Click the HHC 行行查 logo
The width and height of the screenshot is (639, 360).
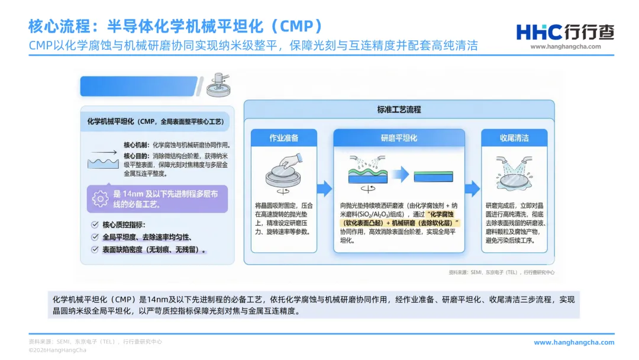[564, 31]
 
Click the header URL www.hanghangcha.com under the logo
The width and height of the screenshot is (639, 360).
[565, 47]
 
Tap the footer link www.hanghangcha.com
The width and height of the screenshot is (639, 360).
[574, 342]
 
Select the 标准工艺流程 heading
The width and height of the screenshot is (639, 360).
[399, 110]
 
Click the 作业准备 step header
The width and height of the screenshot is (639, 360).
[284, 138]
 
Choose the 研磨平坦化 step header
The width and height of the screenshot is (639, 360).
[399, 138]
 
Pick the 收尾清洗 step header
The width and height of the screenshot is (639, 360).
[514, 138]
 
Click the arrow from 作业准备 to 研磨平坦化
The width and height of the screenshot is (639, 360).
[324, 189]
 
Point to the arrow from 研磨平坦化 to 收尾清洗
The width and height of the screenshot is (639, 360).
[472, 189]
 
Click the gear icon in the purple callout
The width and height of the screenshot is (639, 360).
[101, 198]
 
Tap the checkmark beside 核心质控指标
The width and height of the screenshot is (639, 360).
[95, 225]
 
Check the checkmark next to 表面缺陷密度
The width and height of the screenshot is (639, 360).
[95, 250]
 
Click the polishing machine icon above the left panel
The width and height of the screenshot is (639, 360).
[218, 86]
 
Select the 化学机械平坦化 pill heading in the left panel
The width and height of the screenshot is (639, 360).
[156, 121]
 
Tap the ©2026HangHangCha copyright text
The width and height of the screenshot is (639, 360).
[57, 350]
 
